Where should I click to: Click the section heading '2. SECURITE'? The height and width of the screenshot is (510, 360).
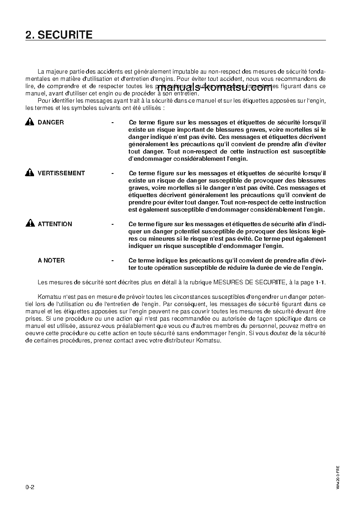(59, 35)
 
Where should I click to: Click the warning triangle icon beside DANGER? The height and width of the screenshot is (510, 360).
(30, 122)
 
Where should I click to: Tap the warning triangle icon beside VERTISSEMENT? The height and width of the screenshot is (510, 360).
(30, 173)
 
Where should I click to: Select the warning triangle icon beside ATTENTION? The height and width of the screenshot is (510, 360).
(30, 224)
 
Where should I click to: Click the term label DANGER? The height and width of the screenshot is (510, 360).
(51, 122)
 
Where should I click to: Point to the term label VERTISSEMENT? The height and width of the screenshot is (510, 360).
(61, 173)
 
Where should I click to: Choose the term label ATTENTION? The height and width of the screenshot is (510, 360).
(55, 224)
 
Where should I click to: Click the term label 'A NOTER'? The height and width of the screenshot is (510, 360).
(51, 260)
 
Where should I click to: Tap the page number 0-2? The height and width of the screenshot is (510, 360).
(30, 487)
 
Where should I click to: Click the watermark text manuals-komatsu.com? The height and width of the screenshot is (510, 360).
(214, 88)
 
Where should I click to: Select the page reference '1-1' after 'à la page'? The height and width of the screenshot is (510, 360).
(320, 282)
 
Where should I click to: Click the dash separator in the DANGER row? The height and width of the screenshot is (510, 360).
(113, 122)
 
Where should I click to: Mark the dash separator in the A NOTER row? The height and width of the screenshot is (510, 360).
(113, 260)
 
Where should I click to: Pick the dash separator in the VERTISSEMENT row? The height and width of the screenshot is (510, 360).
(113, 173)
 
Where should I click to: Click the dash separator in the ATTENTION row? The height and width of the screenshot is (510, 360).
(113, 224)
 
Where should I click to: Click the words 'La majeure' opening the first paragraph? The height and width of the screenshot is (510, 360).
(51, 72)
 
